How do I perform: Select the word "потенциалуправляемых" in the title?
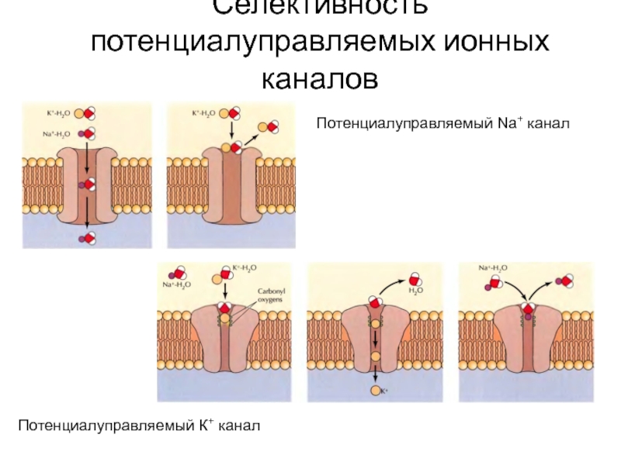[260, 43]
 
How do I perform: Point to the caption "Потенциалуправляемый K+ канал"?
[140, 425]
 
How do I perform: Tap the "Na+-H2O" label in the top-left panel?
[55, 133]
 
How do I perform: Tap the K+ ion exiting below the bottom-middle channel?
[376, 391]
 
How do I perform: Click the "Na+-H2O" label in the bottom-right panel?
[493, 268]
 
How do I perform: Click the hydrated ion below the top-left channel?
[86, 238]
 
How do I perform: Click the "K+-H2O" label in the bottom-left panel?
[244, 268]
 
